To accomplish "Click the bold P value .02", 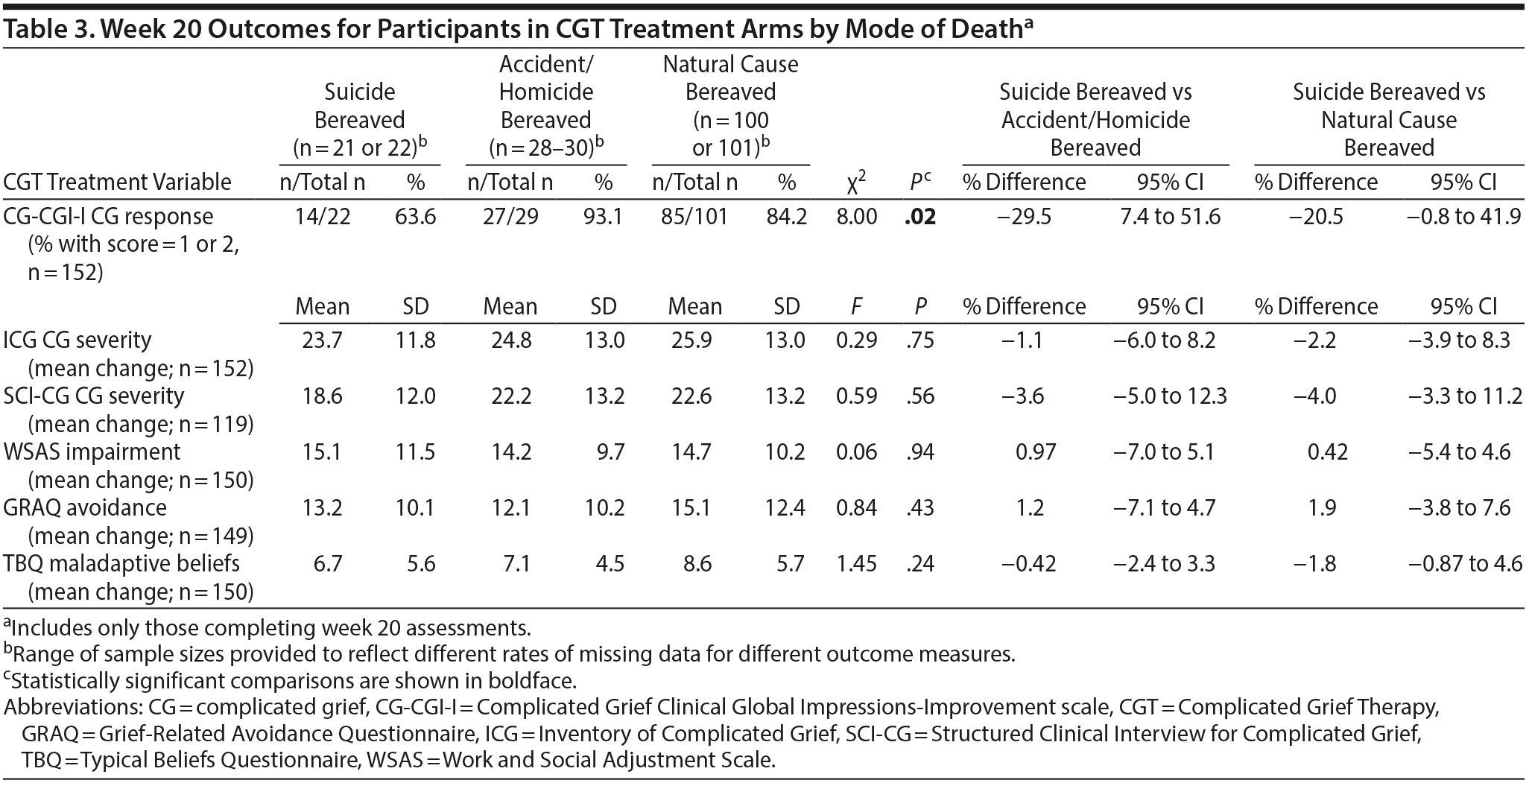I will click(919, 217).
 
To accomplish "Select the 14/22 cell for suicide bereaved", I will click(322, 217).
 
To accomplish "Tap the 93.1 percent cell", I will click(604, 217).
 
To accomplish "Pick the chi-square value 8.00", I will click(856, 217).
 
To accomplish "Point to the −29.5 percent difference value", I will click(1024, 217).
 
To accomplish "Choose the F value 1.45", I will click(856, 564).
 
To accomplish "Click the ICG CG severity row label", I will click(77, 340).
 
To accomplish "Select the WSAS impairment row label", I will click(92, 452).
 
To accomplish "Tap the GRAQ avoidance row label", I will click(85, 508).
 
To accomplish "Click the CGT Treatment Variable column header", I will click(118, 183).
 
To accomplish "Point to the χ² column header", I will click(856, 183).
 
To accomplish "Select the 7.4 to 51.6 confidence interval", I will click(1170, 217).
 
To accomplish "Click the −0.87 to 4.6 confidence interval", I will click(1465, 564).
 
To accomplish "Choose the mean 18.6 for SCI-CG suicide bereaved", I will click(322, 396).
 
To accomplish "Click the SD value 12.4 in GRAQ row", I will click(786, 508).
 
